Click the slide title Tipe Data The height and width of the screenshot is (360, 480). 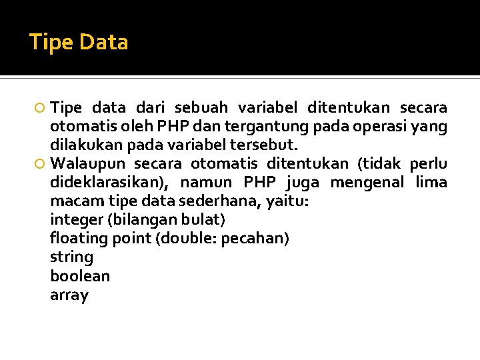point(79,43)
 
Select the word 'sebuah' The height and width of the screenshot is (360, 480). point(201,107)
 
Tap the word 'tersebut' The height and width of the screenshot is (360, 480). point(270,145)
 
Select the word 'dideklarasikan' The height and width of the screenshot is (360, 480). point(110,183)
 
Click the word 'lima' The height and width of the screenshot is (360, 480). point(431,183)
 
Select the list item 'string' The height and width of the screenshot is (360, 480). point(71,257)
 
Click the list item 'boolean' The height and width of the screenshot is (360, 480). point(80,276)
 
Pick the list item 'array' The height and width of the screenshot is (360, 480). point(69,295)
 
